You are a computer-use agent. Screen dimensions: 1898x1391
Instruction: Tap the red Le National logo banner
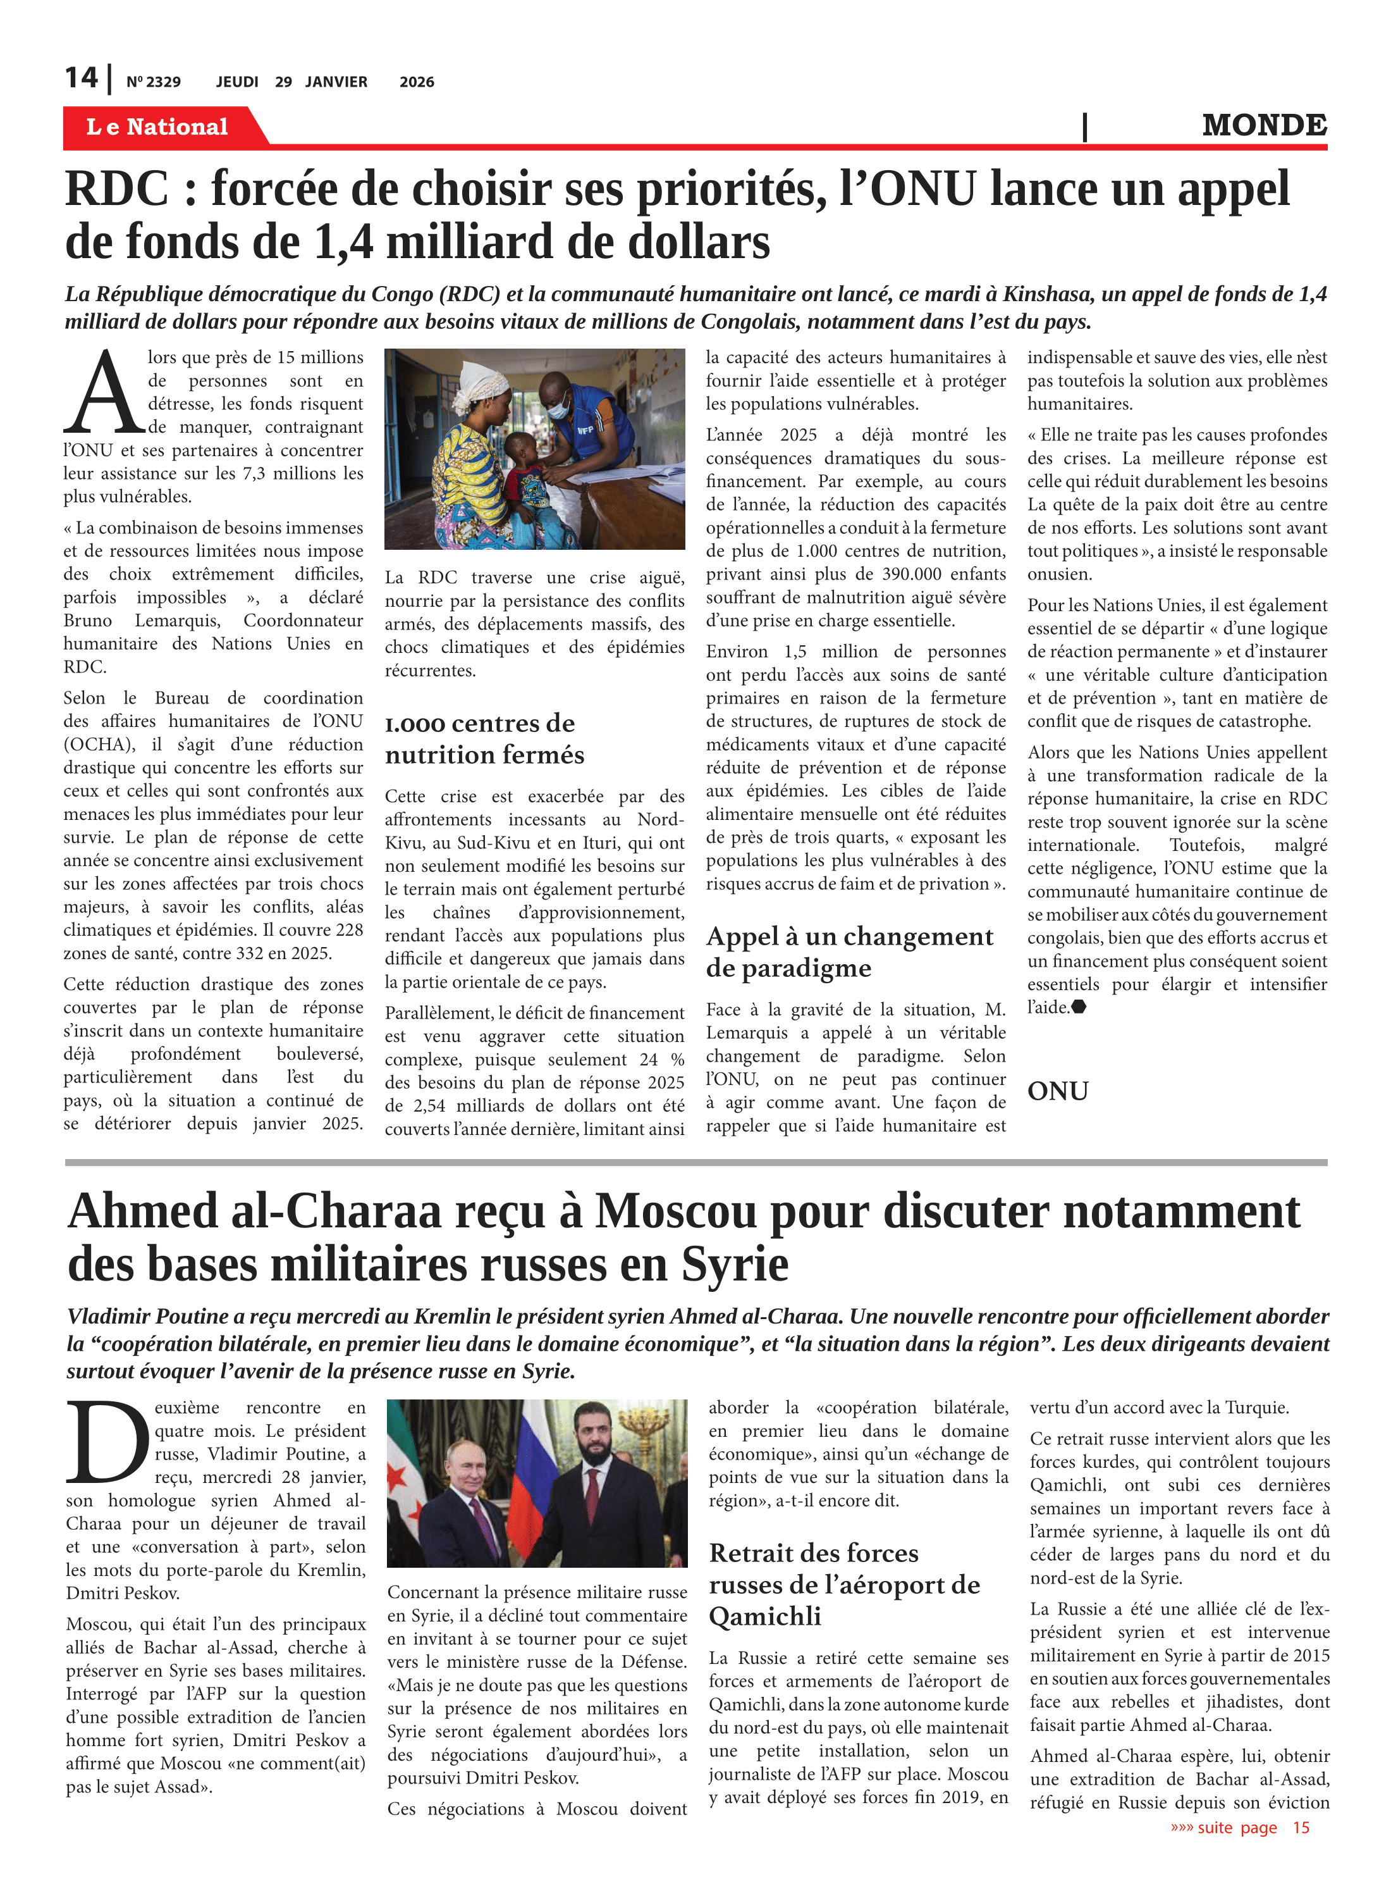click(x=157, y=127)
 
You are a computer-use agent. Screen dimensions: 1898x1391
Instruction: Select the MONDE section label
click(x=1264, y=125)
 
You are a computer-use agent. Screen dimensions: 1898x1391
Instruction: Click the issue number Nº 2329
click(x=153, y=82)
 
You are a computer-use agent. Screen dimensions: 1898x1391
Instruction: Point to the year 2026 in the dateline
click(x=417, y=82)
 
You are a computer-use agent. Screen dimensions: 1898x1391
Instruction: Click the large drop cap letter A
click(x=104, y=393)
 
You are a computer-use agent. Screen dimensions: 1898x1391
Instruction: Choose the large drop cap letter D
click(x=107, y=1442)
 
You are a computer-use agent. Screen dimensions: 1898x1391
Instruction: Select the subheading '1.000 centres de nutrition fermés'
click(x=484, y=738)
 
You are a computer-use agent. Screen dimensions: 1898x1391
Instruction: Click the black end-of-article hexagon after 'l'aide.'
click(x=1079, y=1007)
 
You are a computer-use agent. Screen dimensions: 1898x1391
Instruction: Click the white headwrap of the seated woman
click(x=477, y=378)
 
